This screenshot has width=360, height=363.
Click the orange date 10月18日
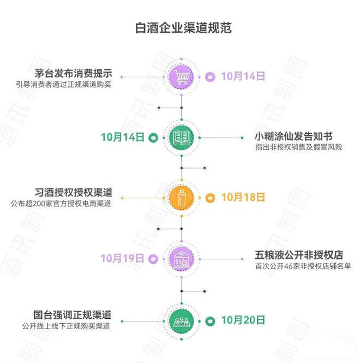[243, 197]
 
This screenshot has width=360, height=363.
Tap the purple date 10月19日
[122, 258]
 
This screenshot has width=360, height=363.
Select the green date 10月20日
[243, 319]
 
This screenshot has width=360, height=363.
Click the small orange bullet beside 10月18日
[211, 198]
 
